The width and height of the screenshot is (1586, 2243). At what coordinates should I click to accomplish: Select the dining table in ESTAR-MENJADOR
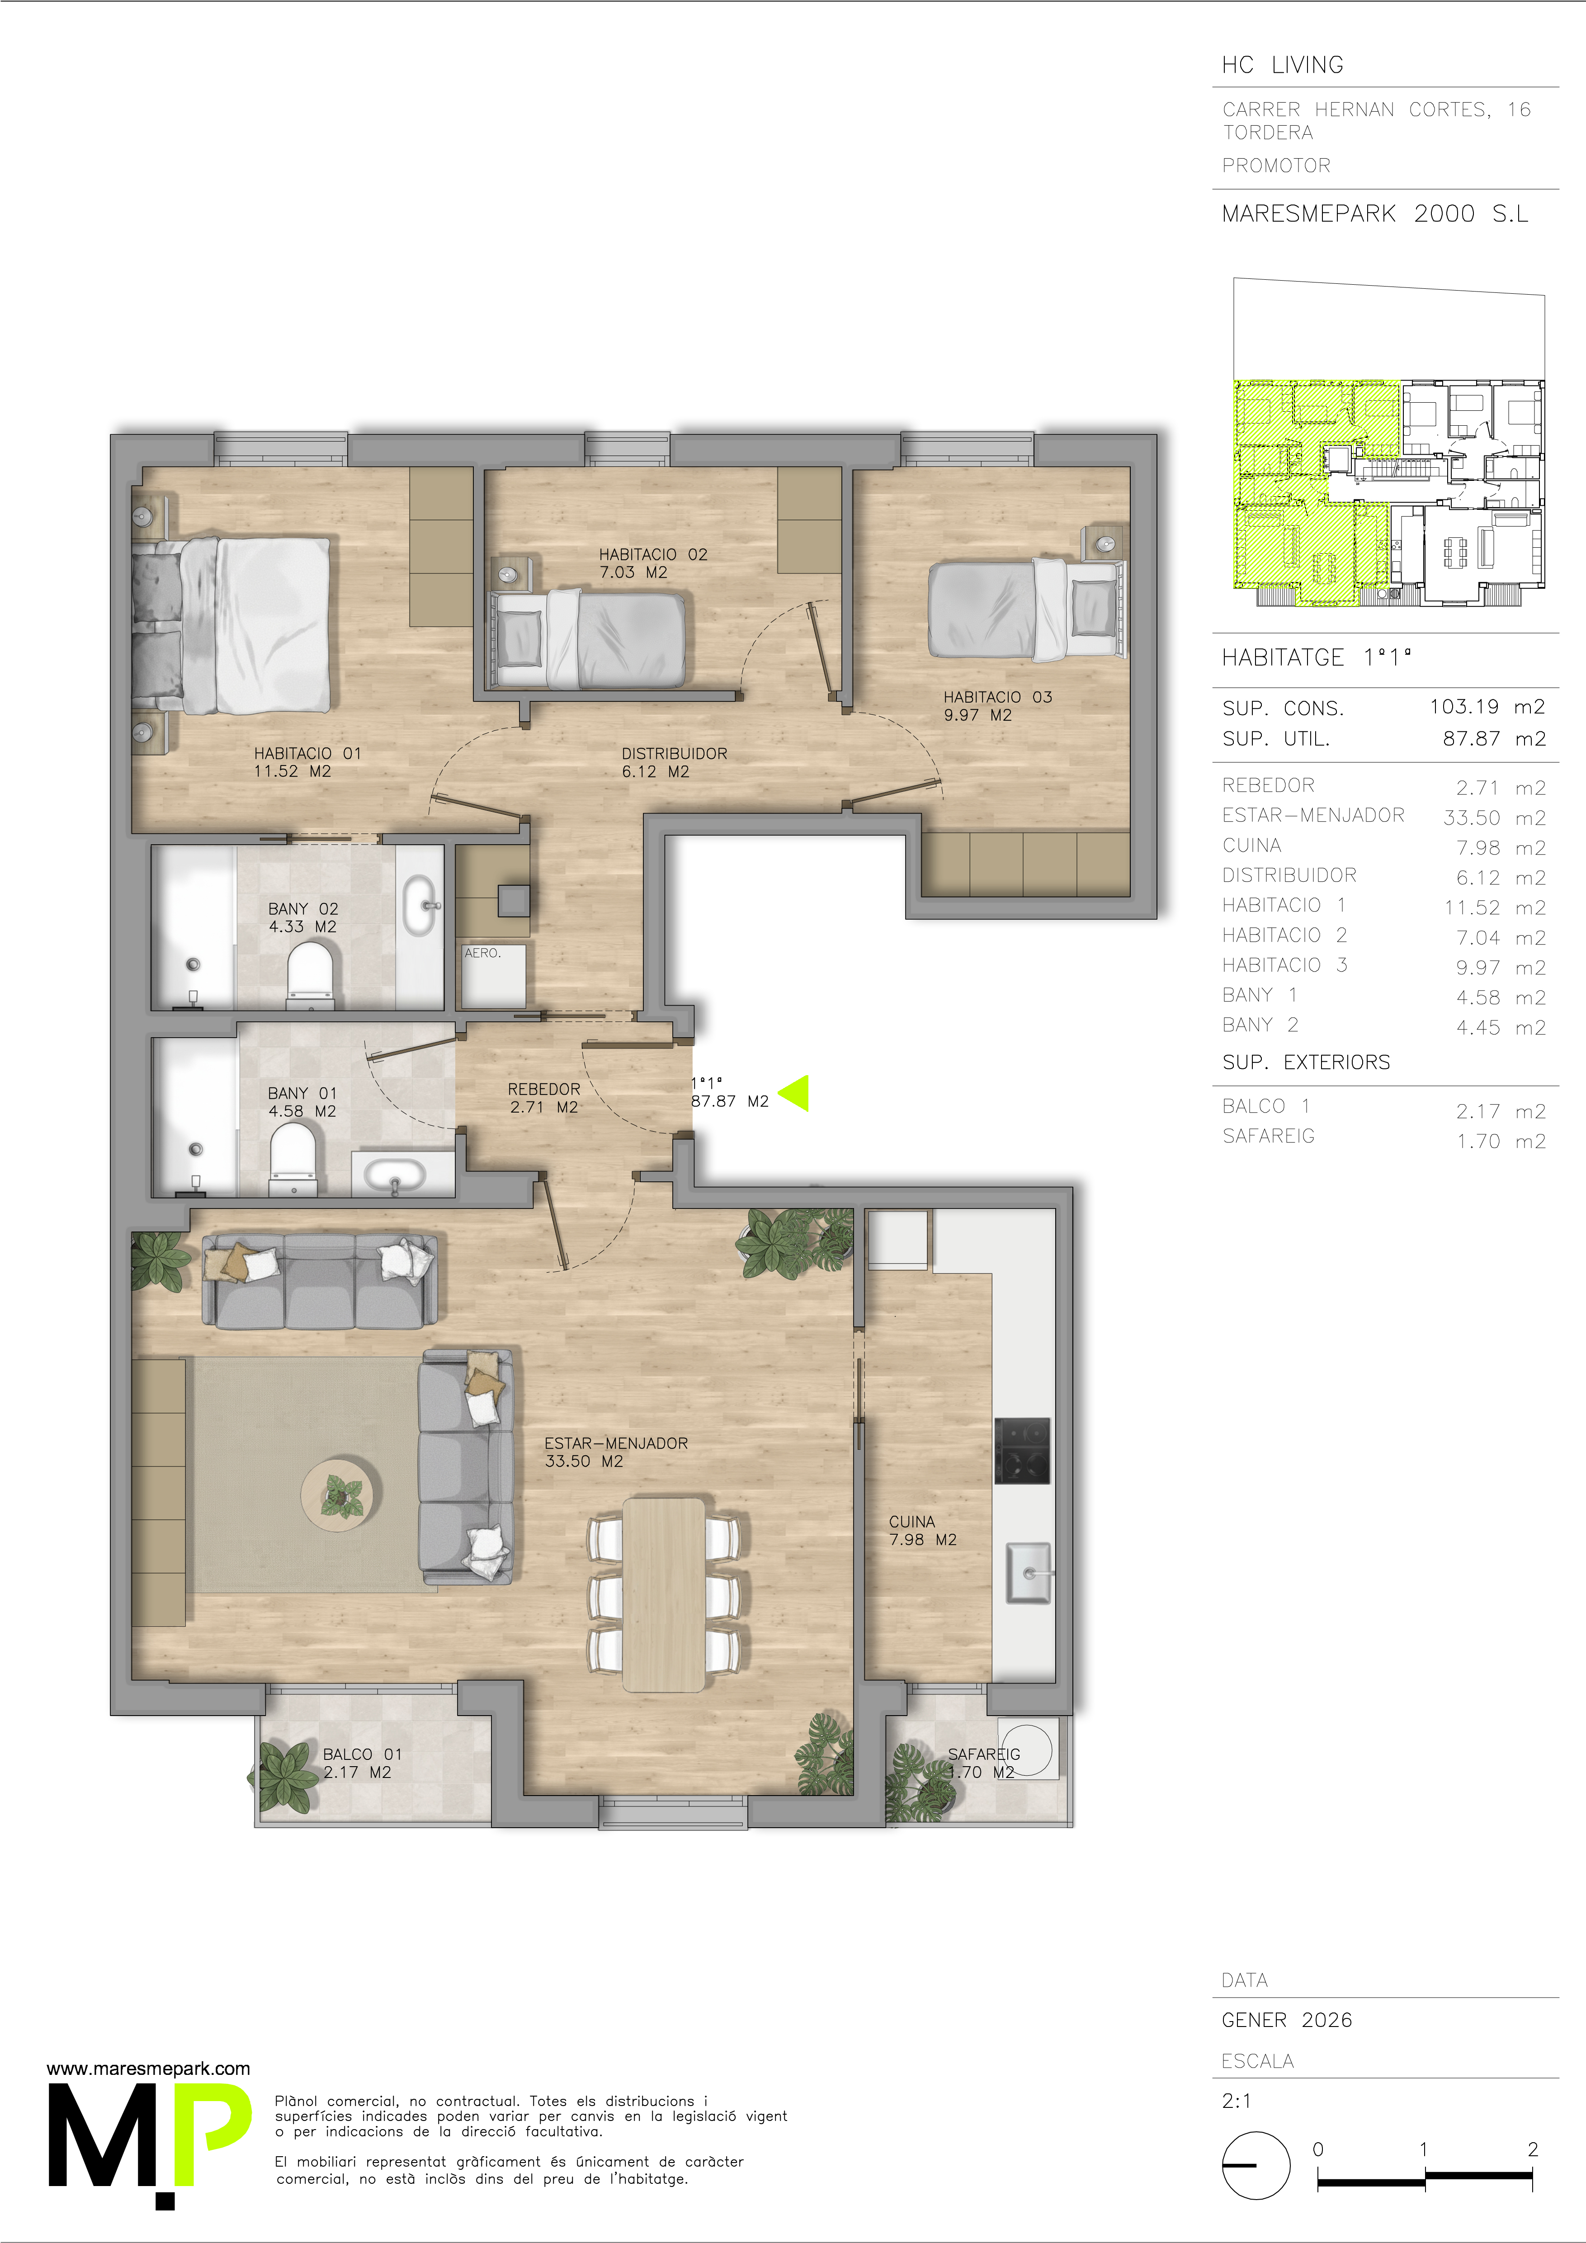coord(664,1594)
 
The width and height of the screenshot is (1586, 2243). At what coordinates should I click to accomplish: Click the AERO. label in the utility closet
coord(483,953)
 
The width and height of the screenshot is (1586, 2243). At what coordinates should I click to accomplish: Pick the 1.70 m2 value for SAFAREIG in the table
coord(1501,1141)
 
